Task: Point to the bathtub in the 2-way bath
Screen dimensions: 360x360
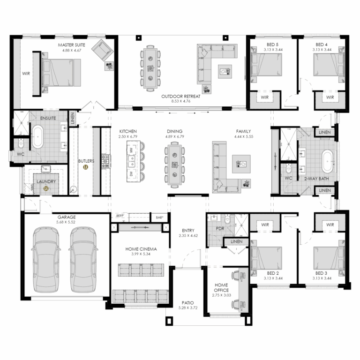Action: tap(328, 160)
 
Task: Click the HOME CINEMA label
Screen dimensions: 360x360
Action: tap(141, 249)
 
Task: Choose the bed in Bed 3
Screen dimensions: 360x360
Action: tap(329, 258)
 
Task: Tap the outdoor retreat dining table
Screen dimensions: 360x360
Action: tap(150, 67)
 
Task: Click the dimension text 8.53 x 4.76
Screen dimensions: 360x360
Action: tap(180, 101)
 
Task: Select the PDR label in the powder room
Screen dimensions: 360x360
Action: tap(220, 228)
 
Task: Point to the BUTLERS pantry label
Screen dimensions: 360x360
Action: tap(87, 161)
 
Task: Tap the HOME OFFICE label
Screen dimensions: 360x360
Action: tap(221, 287)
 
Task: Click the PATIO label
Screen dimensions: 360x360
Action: tap(188, 303)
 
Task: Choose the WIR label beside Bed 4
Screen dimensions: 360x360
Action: tap(330, 97)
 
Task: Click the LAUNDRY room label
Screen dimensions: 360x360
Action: tap(46, 181)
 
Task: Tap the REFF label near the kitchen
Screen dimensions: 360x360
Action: tap(120, 216)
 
